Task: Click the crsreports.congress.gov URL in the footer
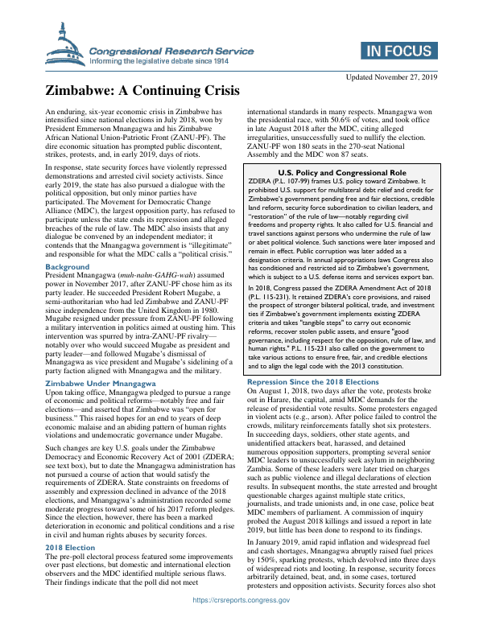[241, 616]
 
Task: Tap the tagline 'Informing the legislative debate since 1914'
[159, 60]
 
